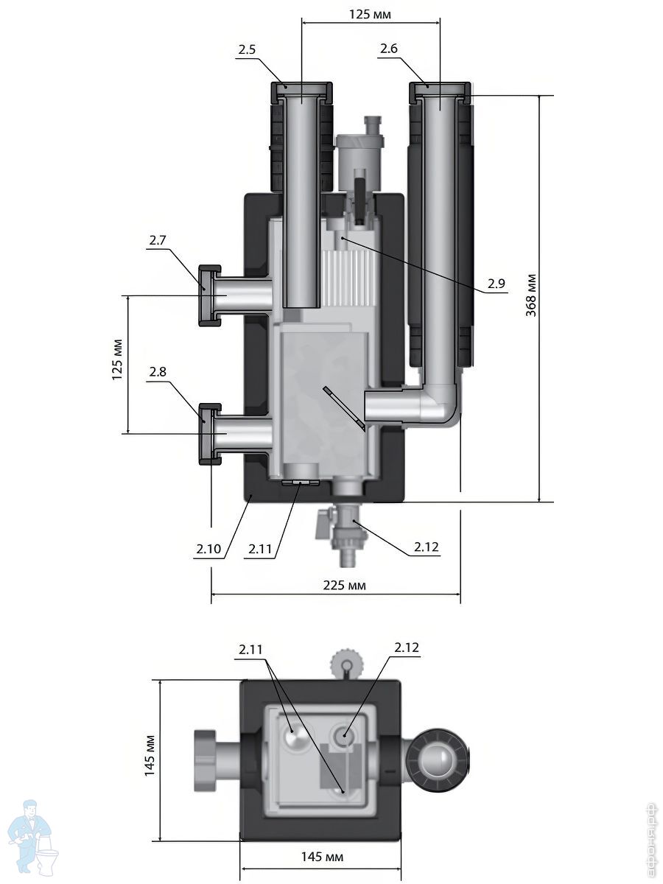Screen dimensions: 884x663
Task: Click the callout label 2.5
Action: click(x=247, y=50)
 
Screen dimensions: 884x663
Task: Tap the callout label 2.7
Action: click(x=158, y=241)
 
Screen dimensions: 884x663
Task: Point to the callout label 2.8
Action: click(x=158, y=373)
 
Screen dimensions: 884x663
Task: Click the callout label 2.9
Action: click(x=497, y=284)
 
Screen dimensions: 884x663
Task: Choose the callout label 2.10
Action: click(x=208, y=549)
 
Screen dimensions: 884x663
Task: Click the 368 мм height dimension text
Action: click(x=531, y=295)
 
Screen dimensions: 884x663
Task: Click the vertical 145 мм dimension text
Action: click(x=150, y=755)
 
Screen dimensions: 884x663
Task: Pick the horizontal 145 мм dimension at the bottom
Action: click(x=322, y=857)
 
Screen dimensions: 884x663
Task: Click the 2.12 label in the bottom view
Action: click(x=407, y=648)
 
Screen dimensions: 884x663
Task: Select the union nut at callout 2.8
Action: click(x=210, y=435)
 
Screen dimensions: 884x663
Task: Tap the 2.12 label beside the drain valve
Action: click(x=427, y=547)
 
